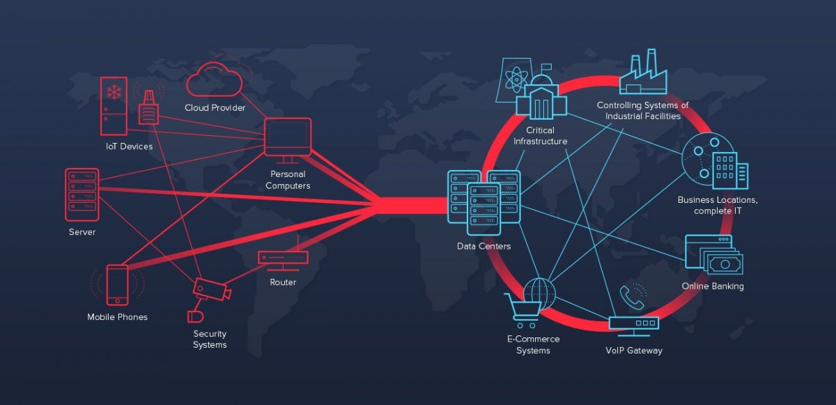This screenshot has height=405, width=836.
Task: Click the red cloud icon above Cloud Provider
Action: (215, 80)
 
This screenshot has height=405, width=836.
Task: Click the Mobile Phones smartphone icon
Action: (117, 284)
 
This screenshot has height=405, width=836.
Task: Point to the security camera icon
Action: (210, 289)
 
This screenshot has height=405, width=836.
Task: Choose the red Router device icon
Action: (283, 257)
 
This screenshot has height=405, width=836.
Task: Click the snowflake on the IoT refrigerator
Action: (114, 92)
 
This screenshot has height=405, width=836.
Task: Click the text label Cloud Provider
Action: (215, 108)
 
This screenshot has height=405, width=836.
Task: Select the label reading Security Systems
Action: (210, 339)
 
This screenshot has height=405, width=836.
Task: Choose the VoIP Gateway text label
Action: (633, 351)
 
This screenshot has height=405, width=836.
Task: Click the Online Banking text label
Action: (712, 286)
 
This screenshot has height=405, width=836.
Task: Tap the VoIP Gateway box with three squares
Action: (633, 323)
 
